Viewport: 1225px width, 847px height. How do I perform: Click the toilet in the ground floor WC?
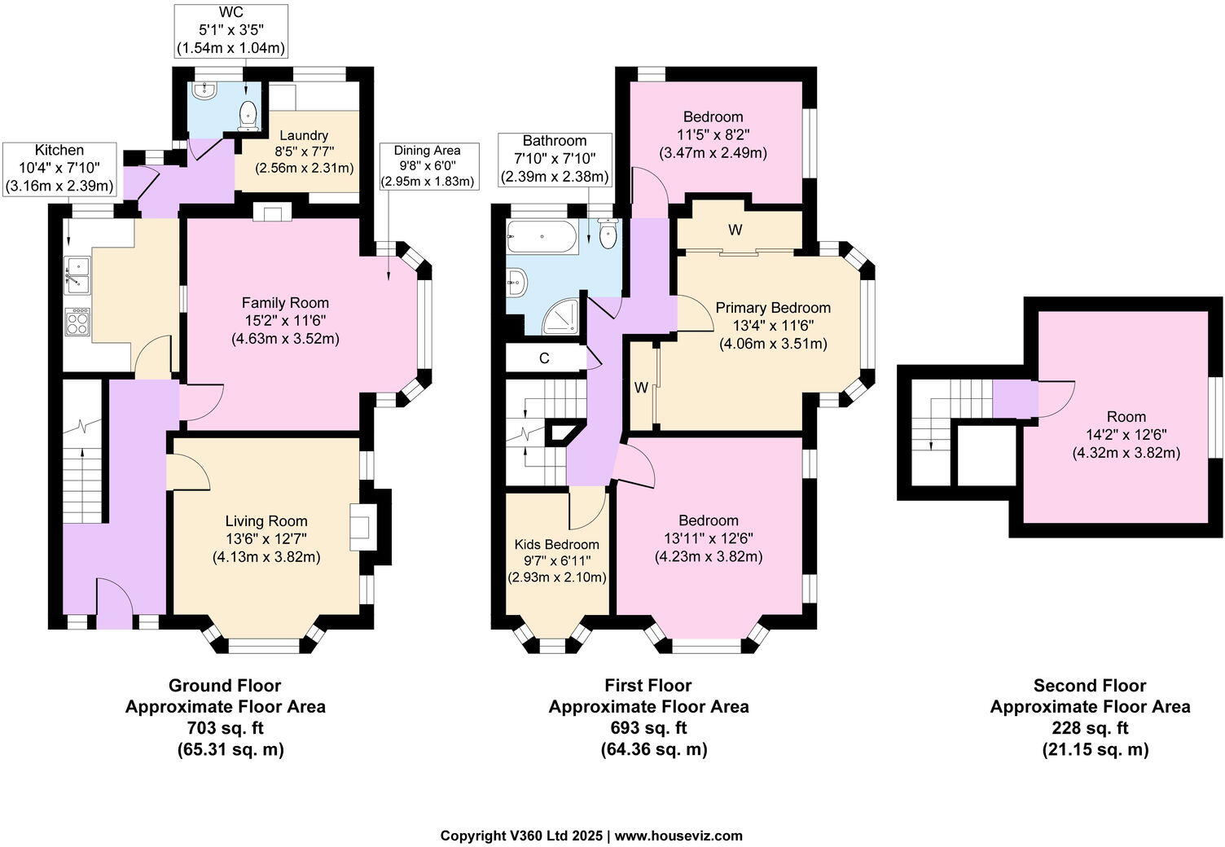click(248, 116)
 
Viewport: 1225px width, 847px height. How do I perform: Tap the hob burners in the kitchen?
click(78, 321)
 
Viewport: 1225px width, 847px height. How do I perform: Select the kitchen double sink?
click(78, 274)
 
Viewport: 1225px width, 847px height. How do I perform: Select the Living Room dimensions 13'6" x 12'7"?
click(266, 539)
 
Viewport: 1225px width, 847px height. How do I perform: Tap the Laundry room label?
click(304, 135)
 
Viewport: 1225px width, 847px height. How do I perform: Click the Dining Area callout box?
click(427, 165)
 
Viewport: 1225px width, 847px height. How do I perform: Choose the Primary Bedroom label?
click(772, 308)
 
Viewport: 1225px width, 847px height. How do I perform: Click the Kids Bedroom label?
click(556, 544)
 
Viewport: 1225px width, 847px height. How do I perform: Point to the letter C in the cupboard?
click(543, 358)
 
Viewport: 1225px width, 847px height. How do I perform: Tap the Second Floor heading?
click(1089, 686)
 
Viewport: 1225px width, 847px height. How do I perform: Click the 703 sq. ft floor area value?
click(225, 728)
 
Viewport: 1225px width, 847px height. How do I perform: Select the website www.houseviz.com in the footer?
click(678, 836)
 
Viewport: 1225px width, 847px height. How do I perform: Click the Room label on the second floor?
click(1126, 416)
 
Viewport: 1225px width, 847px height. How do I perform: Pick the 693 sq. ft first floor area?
click(648, 728)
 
